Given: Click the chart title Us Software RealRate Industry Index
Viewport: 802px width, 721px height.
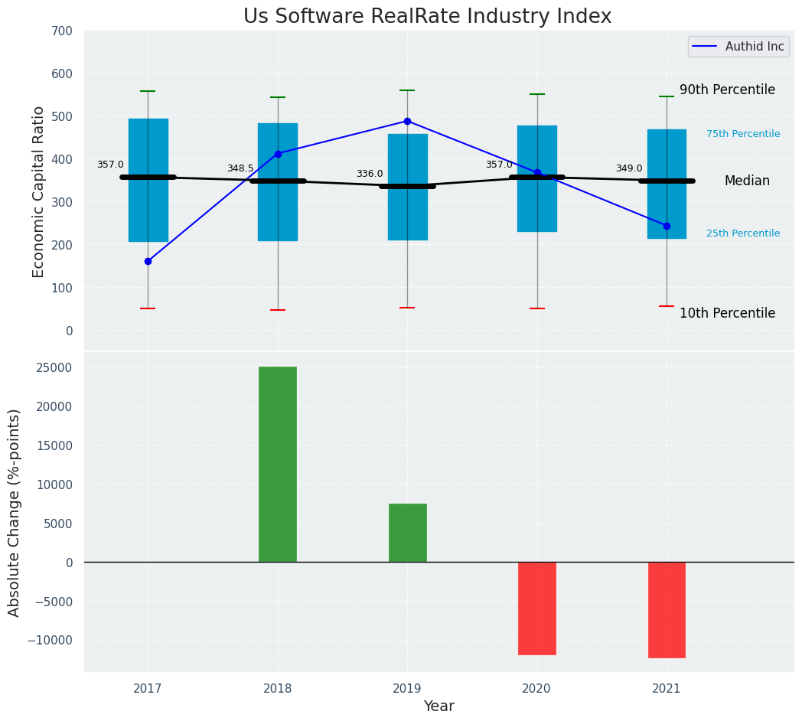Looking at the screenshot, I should (427, 17).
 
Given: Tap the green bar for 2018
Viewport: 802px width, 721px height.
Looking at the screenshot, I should (278, 465).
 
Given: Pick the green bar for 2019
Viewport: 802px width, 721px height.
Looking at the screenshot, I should (407, 533).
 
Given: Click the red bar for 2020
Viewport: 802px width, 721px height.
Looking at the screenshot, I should (537, 608).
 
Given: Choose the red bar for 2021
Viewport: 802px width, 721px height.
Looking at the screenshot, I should (667, 610).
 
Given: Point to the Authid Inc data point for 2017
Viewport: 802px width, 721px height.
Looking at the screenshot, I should (148, 261).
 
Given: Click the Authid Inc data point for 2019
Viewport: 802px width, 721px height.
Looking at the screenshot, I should (407, 121).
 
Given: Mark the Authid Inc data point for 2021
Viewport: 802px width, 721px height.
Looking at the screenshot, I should (667, 226).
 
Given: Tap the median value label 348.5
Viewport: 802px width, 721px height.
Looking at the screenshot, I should (240, 168).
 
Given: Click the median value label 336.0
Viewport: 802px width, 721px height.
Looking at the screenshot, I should (370, 174).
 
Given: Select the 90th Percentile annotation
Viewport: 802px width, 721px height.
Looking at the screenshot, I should (727, 90).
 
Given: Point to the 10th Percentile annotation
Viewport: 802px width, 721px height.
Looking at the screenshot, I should (727, 313).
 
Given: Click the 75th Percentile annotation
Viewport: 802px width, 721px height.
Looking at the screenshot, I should (743, 134).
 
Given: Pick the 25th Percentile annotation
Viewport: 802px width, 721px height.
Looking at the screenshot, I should (743, 233).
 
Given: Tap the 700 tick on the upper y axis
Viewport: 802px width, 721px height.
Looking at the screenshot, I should (63, 31).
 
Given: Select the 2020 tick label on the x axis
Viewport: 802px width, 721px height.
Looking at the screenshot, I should (537, 688).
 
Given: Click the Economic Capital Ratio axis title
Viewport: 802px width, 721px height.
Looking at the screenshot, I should (39, 191).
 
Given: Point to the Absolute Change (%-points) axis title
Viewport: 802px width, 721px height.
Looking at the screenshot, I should (15, 512).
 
